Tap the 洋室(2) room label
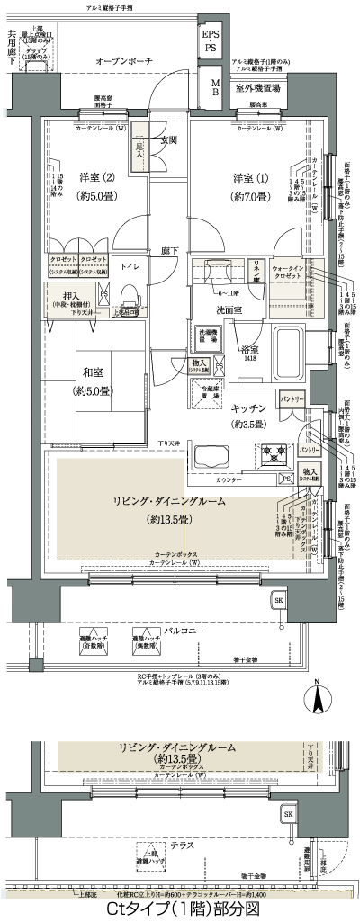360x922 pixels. (96, 176)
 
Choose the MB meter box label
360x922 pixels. (215, 86)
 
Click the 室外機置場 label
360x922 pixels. (258, 88)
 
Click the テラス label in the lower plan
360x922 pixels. (183, 846)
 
